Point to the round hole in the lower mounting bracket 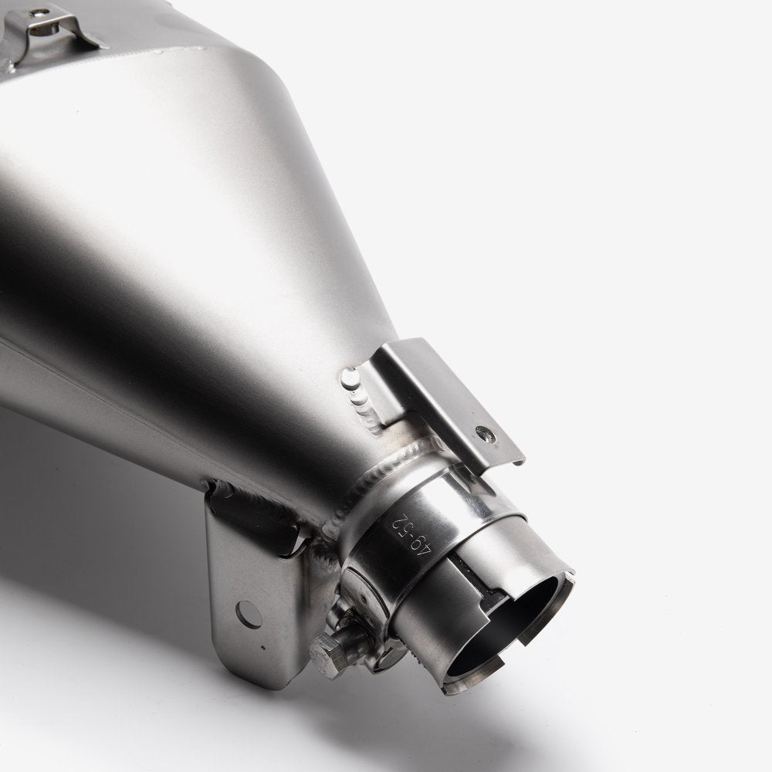pyautogui.click(x=245, y=614)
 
